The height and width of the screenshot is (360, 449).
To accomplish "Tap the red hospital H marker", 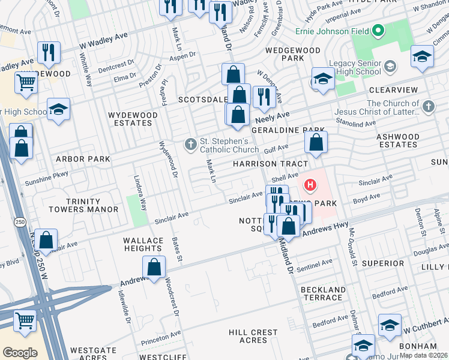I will (310, 185).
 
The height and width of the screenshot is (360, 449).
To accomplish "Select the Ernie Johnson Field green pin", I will (378, 30).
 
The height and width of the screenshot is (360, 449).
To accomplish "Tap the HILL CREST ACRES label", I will (253, 336).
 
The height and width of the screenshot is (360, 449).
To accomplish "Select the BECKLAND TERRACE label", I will (323, 293).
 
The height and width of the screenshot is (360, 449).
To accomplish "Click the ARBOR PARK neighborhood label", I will (83, 159).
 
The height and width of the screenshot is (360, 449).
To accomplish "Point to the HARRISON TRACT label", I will (271, 164).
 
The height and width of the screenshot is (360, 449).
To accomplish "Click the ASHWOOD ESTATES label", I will (398, 140).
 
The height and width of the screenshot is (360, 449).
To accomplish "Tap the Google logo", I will (20, 352).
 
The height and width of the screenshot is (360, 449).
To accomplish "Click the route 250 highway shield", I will (19, 221).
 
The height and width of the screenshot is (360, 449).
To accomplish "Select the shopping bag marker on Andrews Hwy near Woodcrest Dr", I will (154, 267).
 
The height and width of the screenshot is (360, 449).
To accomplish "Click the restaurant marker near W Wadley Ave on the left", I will (49, 52).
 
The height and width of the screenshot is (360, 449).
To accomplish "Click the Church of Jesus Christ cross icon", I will (428, 107).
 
